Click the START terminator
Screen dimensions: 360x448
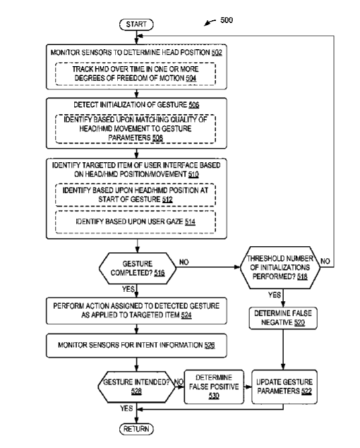point(136,24)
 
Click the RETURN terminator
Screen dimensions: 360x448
point(136,429)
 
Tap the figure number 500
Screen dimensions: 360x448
point(226,20)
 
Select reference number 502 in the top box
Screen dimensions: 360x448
point(217,52)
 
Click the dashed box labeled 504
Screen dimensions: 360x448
point(136,74)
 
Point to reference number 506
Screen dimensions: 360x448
point(193,105)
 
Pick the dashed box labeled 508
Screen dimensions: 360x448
point(136,129)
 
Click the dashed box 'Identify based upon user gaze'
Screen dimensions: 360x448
point(136,222)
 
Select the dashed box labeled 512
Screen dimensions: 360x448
point(136,195)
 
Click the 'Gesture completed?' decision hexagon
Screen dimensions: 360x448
point(138,268)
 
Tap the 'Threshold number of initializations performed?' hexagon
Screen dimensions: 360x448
point(280,267)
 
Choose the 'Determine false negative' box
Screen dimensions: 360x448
point(283,318)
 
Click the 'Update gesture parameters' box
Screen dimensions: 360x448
point(284,387)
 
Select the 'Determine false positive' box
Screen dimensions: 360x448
point(214,387)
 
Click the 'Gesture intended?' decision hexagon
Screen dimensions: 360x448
point(136,387)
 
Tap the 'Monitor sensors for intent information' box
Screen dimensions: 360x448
point(136,346)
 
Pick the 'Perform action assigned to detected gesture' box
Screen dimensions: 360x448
point(136,311)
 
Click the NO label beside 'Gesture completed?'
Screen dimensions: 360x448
point(184,262)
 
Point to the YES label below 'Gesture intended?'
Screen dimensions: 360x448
point(126,408)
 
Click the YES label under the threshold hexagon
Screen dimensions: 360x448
point(275,295)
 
